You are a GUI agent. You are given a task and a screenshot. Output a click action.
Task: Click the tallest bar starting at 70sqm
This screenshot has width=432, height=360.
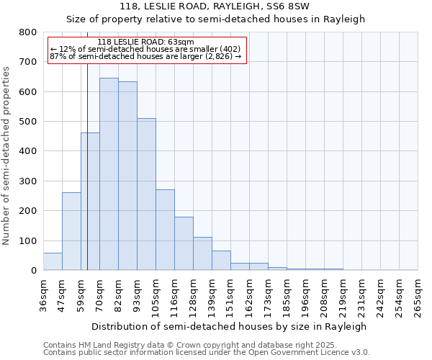[109, 174]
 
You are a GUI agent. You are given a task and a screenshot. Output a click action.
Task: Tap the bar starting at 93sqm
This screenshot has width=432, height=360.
[146, 194]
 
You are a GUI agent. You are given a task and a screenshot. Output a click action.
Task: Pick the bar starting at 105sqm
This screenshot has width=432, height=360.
[165, 230]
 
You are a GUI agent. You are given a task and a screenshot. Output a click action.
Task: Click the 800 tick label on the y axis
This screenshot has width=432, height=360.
[28, 32]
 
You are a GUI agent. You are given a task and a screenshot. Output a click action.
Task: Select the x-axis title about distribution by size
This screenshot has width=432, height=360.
[230, 326]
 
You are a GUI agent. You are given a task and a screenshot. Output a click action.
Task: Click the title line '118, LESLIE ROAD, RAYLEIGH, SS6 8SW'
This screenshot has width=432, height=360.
[215, 7]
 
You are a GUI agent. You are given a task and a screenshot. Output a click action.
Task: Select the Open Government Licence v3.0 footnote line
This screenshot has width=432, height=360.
[206, 352]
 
